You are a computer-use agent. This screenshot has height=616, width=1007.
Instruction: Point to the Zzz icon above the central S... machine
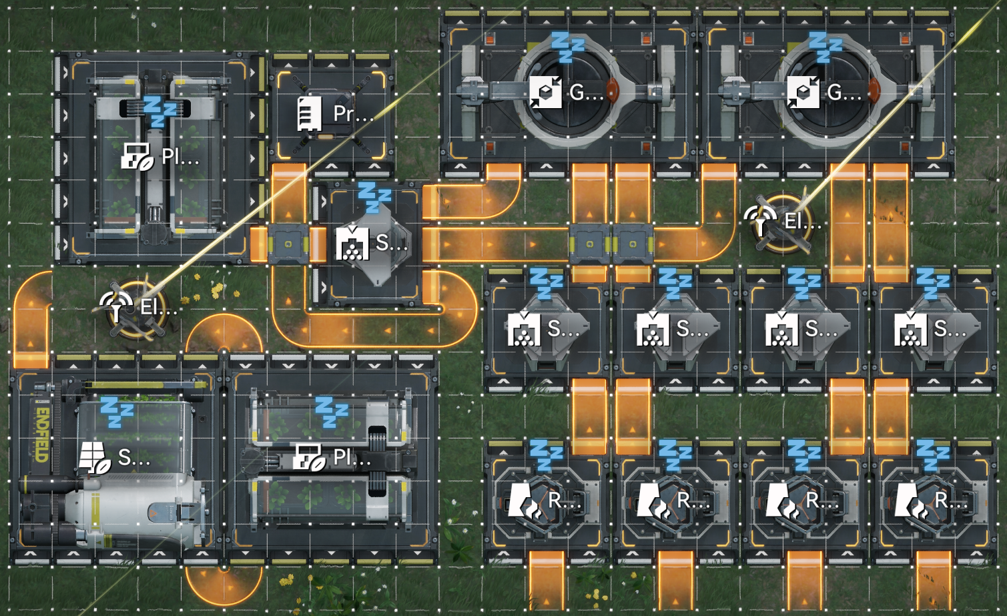pyautogui.click(x=374, y=196)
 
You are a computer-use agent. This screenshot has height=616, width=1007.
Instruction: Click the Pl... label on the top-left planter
pyautogui.click(x=180, y=157)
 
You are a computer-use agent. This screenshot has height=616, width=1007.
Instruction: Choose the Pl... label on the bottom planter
pyautogui.click(x=351, y=458)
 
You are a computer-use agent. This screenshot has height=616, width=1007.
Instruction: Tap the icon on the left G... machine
pyautogui.click(x=546, y=92)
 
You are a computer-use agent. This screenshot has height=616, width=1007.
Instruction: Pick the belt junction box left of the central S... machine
pyautogui.click(x=288, y=244)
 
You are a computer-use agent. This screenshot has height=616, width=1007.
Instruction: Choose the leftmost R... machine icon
pyautogui.click(x=524, y=501)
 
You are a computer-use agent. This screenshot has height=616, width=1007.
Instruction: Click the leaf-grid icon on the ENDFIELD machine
pyautogui.click(x=94, y=458)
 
